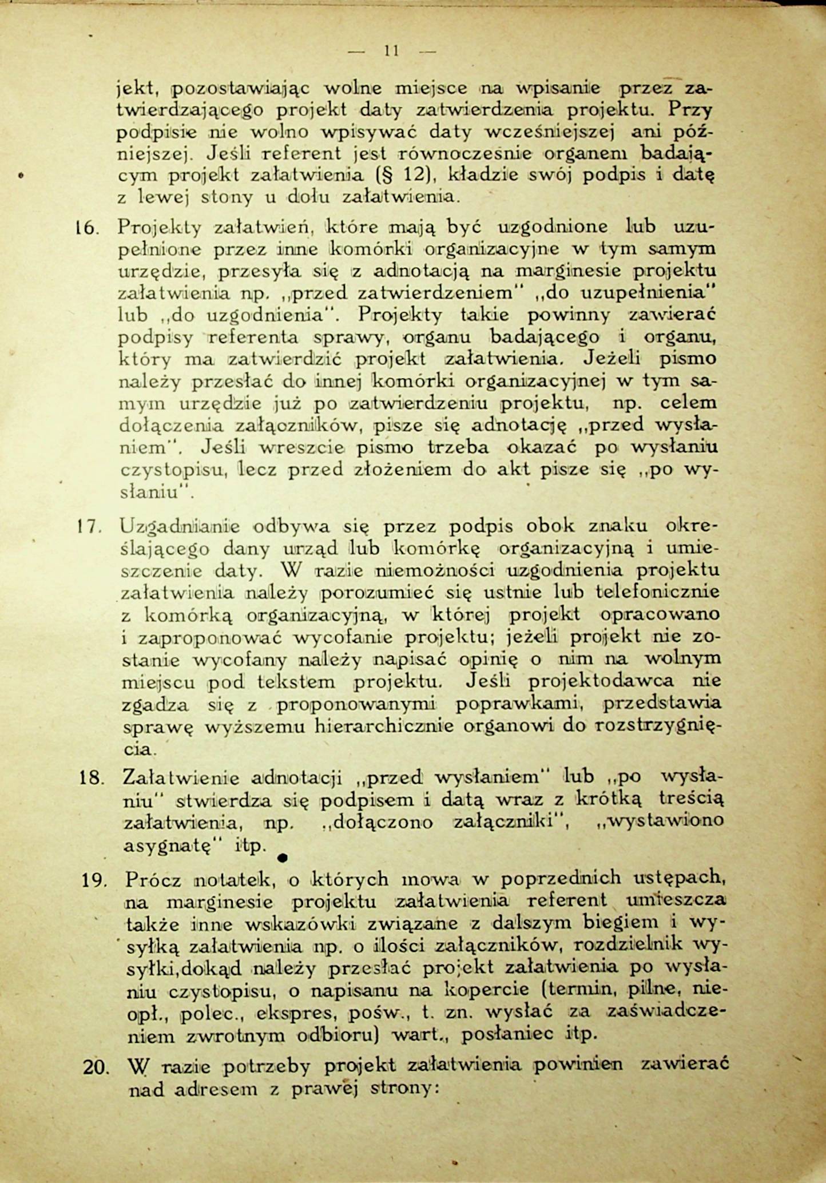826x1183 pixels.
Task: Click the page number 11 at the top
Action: point(391,51)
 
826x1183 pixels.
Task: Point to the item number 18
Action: point(92,778)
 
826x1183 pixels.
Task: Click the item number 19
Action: point(94,880)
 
